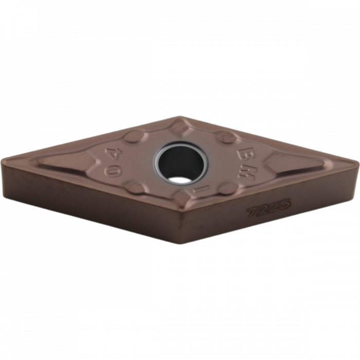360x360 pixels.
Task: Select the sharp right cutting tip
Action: (357, 164)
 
